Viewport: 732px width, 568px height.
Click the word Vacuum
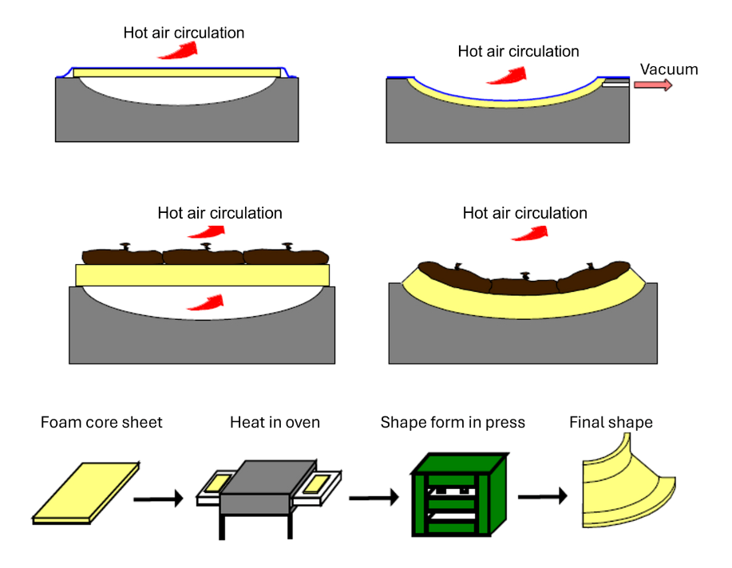coord(668,69)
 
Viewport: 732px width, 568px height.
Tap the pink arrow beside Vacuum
coord(653,85)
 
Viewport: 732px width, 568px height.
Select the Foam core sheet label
coord(101,422)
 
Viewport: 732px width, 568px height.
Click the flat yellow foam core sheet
coord(86,493)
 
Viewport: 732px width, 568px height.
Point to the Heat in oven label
coord(275,422)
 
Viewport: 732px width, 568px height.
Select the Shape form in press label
coord(453,422)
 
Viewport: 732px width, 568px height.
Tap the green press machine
coord(459,495)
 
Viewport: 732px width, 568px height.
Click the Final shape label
coord(611,422)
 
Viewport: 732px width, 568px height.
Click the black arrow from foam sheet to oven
coord(158,499)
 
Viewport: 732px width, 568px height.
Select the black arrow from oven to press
coord(374,498)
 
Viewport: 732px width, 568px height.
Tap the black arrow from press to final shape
coord(543,496)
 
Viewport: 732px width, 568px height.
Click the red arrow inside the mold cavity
coord(206,303)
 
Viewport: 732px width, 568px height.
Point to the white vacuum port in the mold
coord(615,85)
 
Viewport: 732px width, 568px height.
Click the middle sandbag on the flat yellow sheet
coord(204,255)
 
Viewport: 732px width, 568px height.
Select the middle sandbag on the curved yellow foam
coord(524,285)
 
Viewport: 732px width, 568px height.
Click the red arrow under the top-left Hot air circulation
coord(178,50)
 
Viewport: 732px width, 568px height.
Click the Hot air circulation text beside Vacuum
coord(518,51)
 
